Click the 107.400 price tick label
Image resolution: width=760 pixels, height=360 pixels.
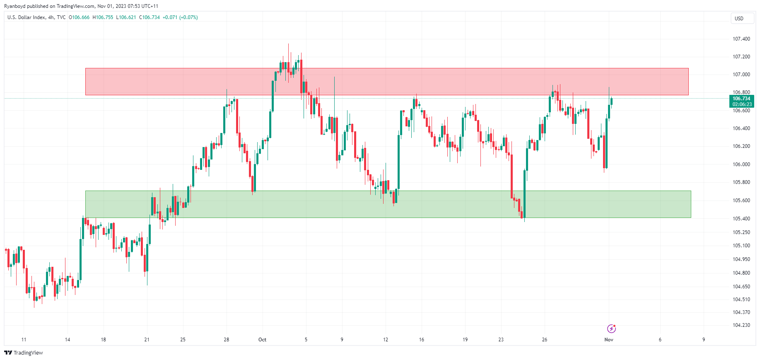[x=741, y=39]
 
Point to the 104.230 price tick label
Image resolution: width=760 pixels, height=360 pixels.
[x=741, y=325]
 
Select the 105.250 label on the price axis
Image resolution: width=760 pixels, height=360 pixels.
[x=741, y=232]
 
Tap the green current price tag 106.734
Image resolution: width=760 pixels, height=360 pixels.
[x=741, y=99]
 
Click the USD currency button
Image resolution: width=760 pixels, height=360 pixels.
[x=739, y=19]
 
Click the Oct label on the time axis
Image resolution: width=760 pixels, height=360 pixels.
[x=262, y=340]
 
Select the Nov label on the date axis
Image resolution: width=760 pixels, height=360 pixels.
[x=608, y=340]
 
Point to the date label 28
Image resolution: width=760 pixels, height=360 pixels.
[x=226, y=340]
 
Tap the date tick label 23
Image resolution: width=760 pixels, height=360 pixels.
[x=501, y=340]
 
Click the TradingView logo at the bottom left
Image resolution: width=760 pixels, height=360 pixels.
[x=24, y=353]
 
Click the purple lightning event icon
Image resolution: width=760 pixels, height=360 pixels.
[x=611, y=329]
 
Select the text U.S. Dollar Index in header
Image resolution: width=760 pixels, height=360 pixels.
[x=26, y=17]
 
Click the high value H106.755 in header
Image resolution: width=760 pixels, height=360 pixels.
[x=103, y=17]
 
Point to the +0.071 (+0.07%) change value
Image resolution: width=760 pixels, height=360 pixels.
[x=180, y=17]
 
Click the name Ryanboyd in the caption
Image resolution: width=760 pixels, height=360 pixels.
[x=14, y=6]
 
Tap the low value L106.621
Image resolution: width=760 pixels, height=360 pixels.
[x=126, y=17]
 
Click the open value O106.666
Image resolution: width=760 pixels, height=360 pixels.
[x=79, y=17]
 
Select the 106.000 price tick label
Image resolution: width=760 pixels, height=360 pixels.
[x=741, y=164]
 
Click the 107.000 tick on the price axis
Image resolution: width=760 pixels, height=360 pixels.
[x=741, y=75]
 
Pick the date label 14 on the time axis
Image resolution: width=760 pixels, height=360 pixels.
[x=68, y=340]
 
